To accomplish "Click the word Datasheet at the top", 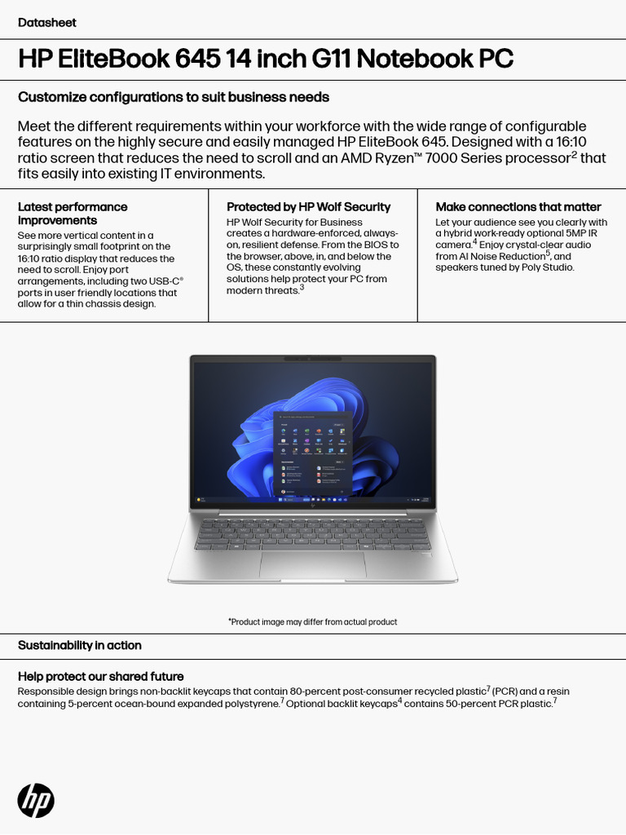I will (x=46, y=23).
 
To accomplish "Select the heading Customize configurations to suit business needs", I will (x=174, y=97).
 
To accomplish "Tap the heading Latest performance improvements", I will (x=73, y=214).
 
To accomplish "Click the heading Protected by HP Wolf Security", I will (x=308, y=207).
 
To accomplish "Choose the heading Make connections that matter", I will (x=518, y=207).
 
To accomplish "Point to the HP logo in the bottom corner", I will (x=36, y=800).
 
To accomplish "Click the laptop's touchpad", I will (x=312, y=563).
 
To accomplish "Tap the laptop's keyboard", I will (x=312, y=533).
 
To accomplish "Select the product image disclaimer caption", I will (x=312, y=622).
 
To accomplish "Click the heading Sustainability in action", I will (x=80, y=645).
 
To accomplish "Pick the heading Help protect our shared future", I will (x=100, y=677).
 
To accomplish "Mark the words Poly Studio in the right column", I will (x=546, y=267).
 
